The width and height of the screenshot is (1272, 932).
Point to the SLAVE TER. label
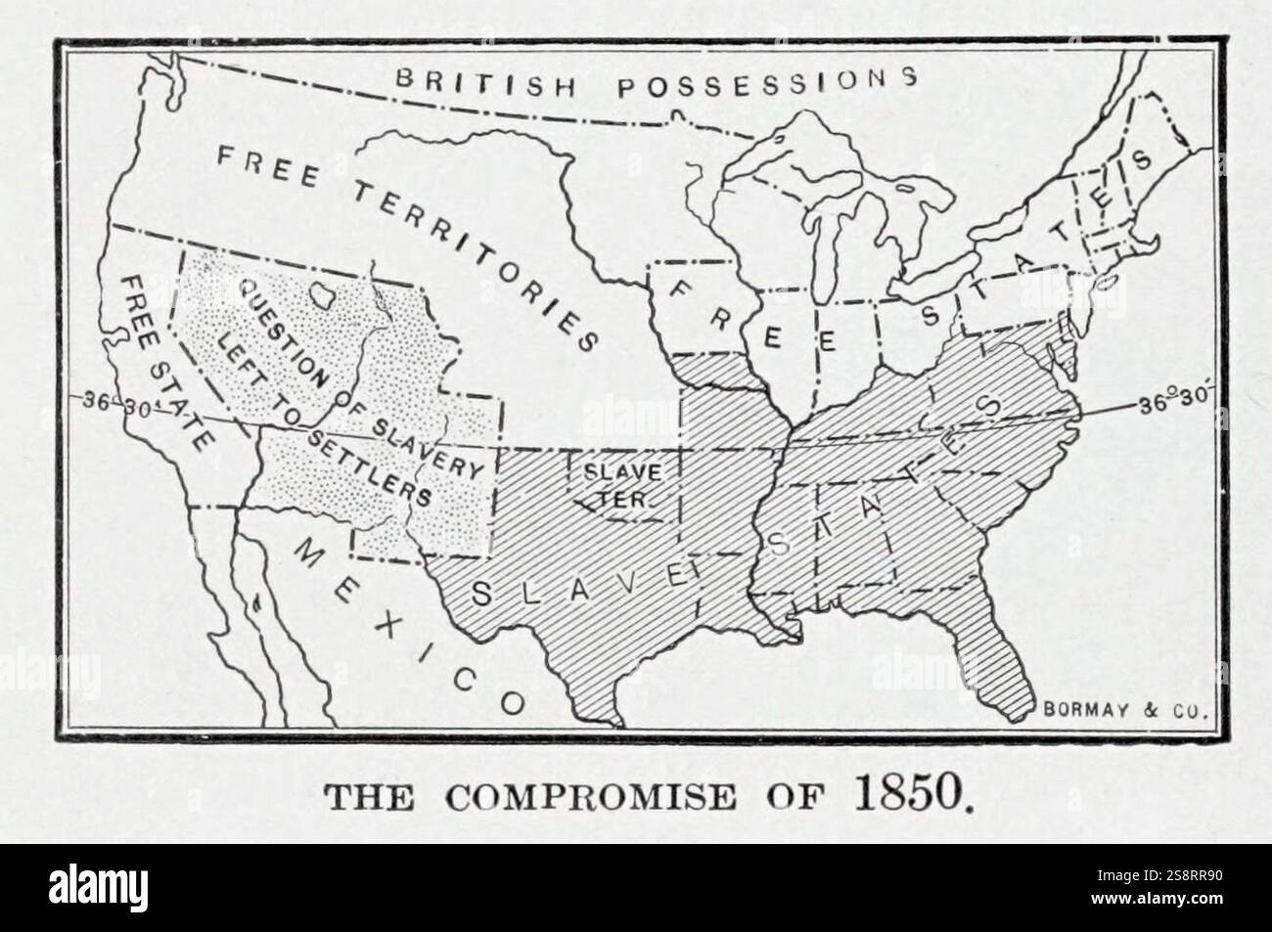613,483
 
